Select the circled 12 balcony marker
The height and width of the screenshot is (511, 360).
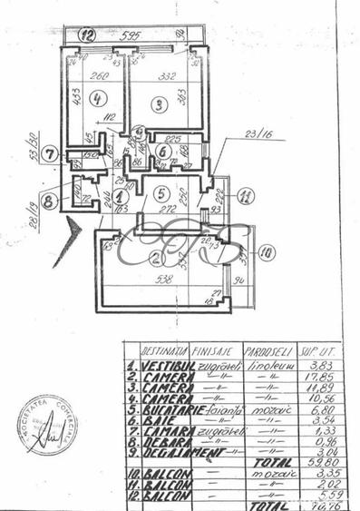point(86,36)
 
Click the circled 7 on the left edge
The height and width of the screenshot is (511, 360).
point(51,153)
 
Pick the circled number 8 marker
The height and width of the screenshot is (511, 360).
point(49,201)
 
